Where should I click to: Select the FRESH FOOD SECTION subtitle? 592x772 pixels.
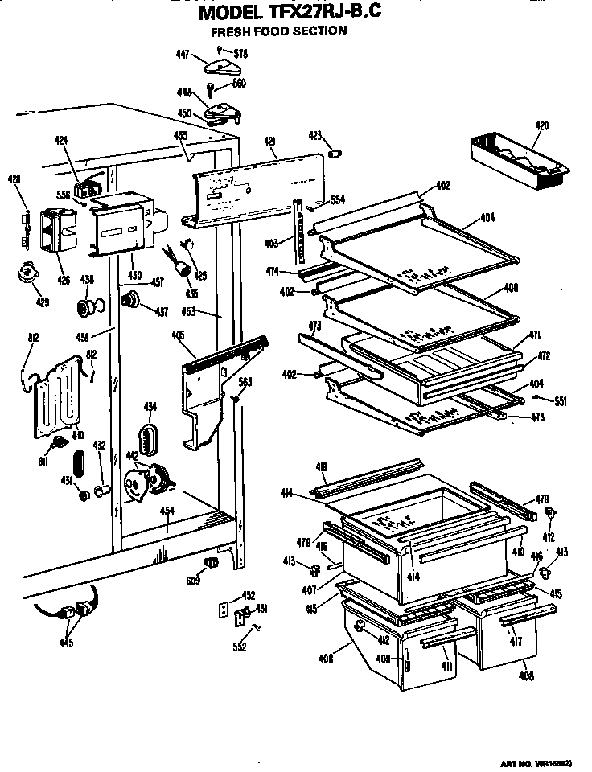pos(278,32)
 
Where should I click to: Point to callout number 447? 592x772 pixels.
pos(183,55)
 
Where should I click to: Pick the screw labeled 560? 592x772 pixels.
pos(211,85)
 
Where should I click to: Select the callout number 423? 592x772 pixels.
pos(314,136)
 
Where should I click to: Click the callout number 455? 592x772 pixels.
pos(180,136)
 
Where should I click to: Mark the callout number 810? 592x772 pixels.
pos(78,435)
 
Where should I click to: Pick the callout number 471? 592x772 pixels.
pos(533,334)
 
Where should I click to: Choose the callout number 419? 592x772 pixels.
pos(321,467)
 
